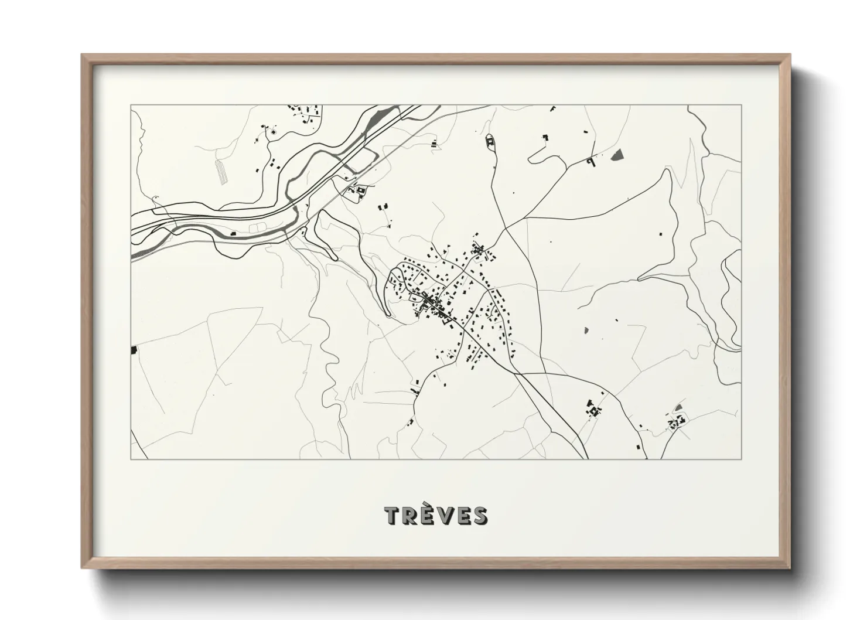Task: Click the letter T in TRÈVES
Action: [x=392, y=516]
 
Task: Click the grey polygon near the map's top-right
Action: [x=617, y=155]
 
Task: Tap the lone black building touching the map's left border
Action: [x=133, y=350]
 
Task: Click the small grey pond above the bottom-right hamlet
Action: [x=678, y=407]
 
